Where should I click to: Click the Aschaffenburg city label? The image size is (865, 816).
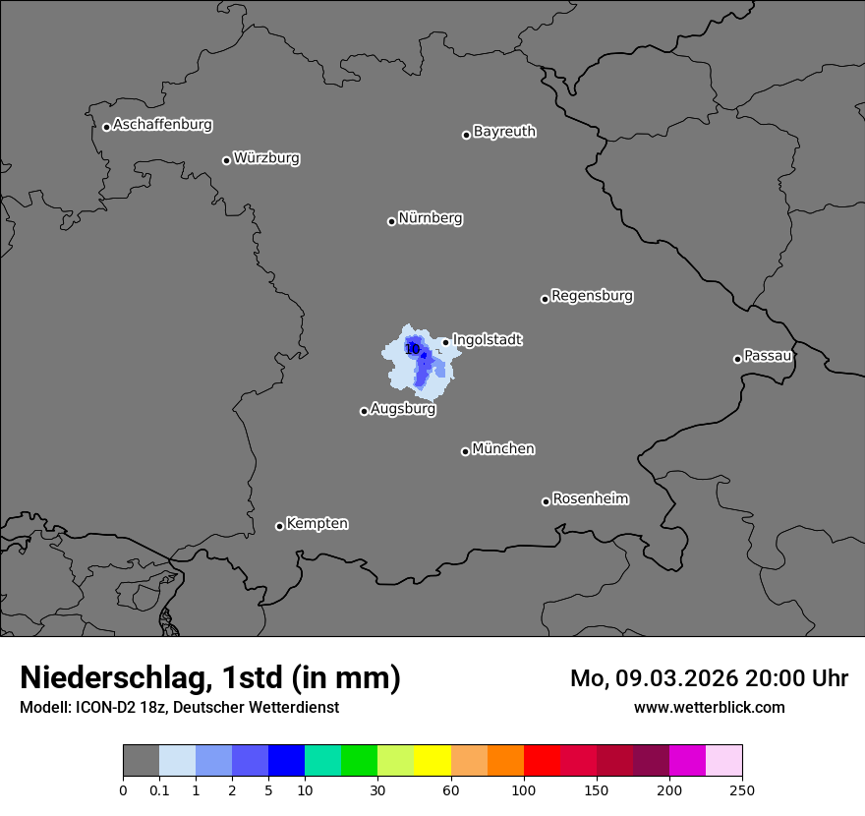[x=162, y=125]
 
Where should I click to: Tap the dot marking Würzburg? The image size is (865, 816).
[x=226, y=160]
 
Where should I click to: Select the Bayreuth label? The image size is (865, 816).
[x=504, y=131]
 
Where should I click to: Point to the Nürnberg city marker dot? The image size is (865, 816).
[x=391, y=221]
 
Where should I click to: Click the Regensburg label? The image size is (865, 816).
[x=592, y=295]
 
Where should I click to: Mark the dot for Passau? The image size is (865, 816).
[x=737, y=359]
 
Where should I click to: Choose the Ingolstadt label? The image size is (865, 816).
[x=488, y=339]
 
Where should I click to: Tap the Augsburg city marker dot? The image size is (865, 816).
[x=364, y=411]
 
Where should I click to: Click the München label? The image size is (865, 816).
[x=503, y=448]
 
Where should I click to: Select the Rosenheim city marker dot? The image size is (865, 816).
[x=546, y=502]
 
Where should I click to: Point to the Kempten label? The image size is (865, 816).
[x=317, y=523]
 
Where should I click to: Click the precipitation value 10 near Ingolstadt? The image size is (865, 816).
[x=413, y=348]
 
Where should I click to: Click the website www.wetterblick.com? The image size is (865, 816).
[x=709, y=707]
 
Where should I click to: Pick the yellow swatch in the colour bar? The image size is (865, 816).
[x=432, y=761]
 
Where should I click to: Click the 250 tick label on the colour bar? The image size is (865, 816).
[x=742, y=789]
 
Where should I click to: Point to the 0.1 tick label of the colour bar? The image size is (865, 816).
[x=159, y=789]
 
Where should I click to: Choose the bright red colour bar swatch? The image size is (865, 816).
[x=542, y=761]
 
